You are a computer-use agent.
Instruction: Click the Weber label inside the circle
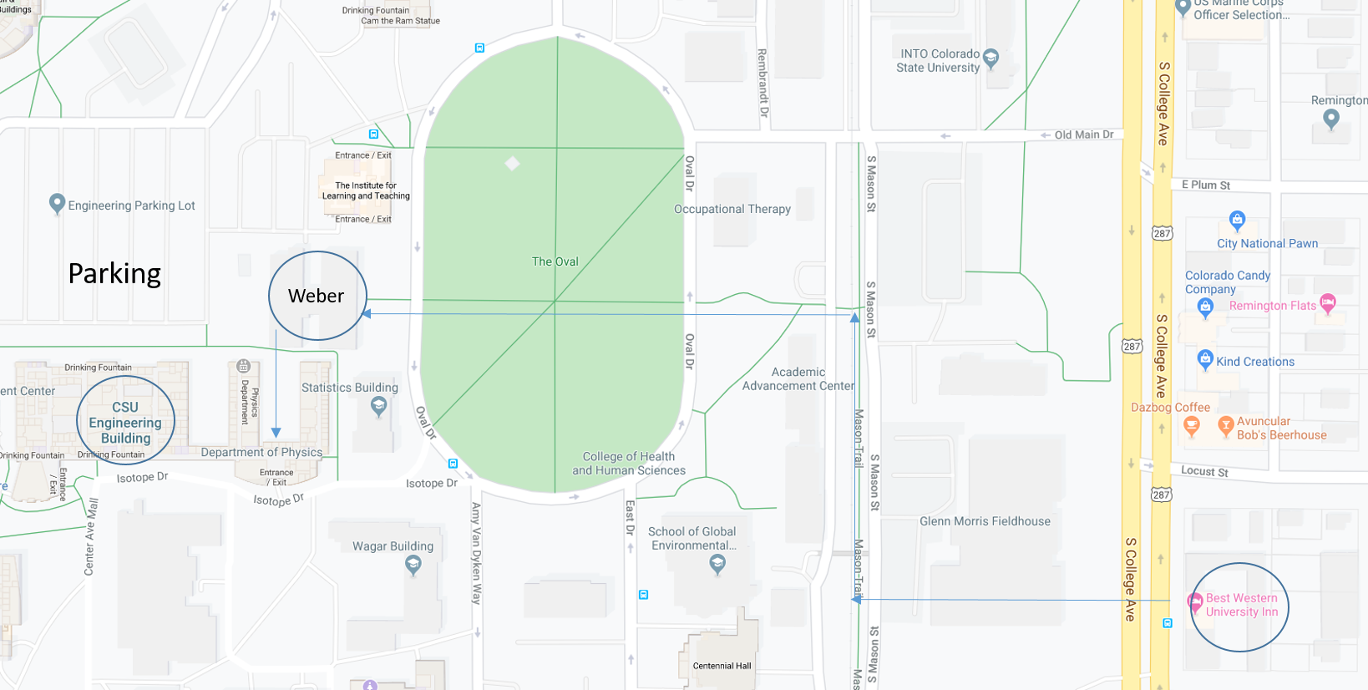[x=316, y=296]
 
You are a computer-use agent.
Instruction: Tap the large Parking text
[x=114, y=274]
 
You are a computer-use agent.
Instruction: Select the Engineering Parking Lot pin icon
[x=57, y=203]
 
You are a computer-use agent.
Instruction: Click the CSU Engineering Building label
[x=125, y=423]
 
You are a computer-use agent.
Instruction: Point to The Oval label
[x=555, y=261]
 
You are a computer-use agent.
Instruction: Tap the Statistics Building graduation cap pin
[x=378, y=406]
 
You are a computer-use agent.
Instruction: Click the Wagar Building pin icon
[x=413, y=565]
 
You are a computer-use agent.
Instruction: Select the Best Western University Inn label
[x=1241, y=605]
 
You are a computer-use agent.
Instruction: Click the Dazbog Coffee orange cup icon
[x=1192, y=426]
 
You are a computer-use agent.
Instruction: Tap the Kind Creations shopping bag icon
[x=1204, y=360]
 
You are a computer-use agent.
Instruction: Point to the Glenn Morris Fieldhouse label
[x=985, y=521]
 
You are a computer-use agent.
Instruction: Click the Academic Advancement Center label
[x=798, y=379]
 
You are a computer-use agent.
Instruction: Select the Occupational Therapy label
[x=732, y=209]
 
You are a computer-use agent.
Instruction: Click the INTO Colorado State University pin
[x=991, y=58]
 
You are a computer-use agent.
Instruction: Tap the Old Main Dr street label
[x=1083, y=134]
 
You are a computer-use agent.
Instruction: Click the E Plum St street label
[x=1205, y=185]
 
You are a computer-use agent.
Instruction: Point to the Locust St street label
[x=1204, y=471]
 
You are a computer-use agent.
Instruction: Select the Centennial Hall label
[x=722, y=666]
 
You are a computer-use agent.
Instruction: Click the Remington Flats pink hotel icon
[x=1327, y=302]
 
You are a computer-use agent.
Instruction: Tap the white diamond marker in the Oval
[x=512, y=163]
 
